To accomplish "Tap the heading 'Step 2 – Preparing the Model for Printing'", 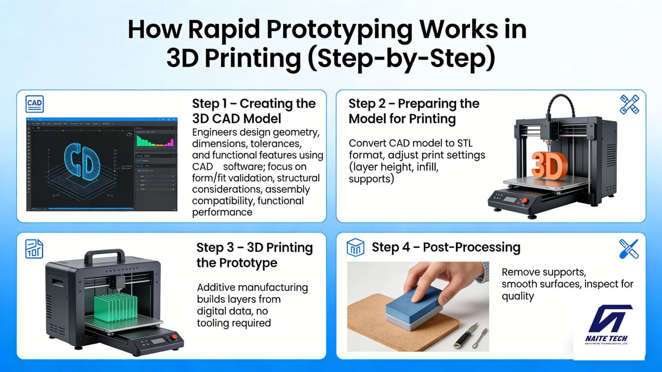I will pyautogui.click(x=414, y=111).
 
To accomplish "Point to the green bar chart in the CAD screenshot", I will pyautogui.click(x=155, y=141).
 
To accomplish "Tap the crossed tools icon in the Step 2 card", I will pyautogui.click(x=630, y=105).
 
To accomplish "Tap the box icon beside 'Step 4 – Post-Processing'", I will pyautogui.click(x=356, y=248).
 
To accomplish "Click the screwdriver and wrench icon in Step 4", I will pyautogui.click(x=629, y=249).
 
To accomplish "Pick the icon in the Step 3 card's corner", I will pyautogui.click(x=34, y=248).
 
